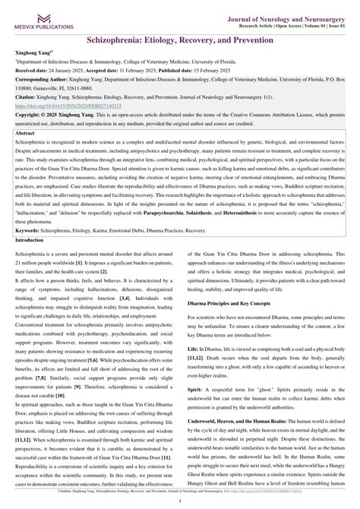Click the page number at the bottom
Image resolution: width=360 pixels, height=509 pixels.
(x=179, y=501)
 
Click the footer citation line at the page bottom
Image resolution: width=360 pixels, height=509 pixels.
(x=179, y=492)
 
